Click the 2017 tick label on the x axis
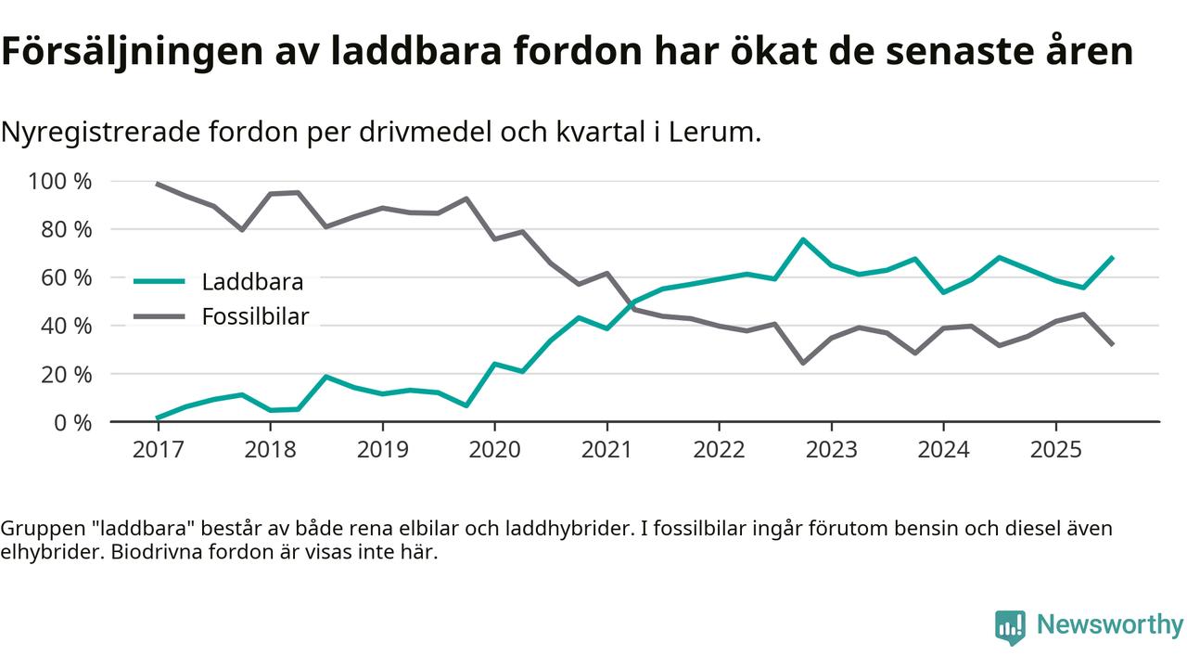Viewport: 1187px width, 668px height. (158, 450)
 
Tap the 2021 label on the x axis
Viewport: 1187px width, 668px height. (606, 450)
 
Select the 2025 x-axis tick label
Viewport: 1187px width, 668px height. (1055, 450)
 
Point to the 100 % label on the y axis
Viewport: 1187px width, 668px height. (60, 181)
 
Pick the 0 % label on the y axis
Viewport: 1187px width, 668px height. (71, 422)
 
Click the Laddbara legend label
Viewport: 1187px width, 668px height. (252, 281)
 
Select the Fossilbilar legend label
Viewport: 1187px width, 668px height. (255, 316)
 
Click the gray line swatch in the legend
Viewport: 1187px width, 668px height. (160, 316)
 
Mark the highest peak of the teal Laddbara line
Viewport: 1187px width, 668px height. (802, 239)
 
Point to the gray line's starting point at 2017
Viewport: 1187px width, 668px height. (158, 184)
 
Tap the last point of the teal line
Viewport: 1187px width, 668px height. (1112, 257)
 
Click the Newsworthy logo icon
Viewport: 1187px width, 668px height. (1010, 627)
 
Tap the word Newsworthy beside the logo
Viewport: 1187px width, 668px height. (1110, 624)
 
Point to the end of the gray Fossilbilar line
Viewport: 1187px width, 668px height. (1112, 344)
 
